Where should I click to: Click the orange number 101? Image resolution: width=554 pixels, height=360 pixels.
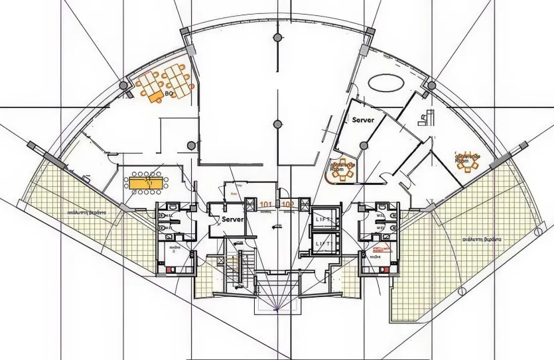point(266,204)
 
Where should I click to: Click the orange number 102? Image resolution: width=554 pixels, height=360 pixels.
point(288,204)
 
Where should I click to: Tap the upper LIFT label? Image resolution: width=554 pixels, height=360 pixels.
point(322,219)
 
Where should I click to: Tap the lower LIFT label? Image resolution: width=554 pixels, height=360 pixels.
point(322,244)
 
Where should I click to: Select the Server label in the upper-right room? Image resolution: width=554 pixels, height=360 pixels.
point(363,120)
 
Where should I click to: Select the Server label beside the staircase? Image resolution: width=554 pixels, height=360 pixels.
point(232,219)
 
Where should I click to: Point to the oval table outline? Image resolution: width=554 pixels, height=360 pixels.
point(385,83)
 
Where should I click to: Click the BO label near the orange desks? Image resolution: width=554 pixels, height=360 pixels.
point(151,95)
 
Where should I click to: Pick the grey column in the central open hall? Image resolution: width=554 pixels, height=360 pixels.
point(277,123)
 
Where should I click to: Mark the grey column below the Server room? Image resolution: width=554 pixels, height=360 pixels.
point(363,145)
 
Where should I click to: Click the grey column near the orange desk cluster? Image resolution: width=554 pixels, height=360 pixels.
point(123,86)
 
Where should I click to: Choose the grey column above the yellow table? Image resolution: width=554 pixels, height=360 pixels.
point(192,145)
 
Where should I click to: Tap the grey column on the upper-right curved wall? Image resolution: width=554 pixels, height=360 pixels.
point(431,86)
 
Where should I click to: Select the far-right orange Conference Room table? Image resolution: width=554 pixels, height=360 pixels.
point(468,161)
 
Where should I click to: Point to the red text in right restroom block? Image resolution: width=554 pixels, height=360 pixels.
point(380,250)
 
